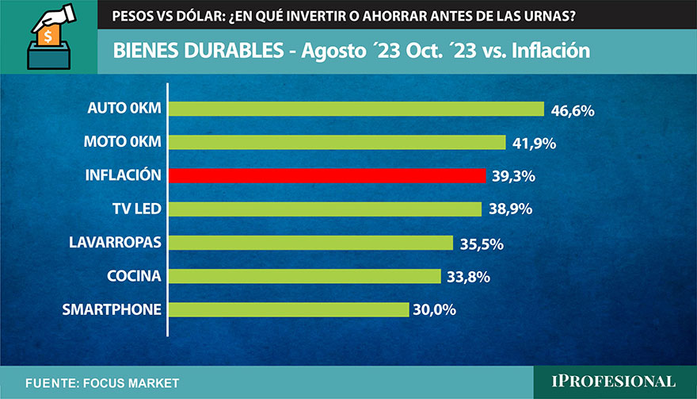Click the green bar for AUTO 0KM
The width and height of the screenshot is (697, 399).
pos(356,109)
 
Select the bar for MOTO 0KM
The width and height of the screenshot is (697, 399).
pos(337,142)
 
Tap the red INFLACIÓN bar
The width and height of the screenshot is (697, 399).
pos(326,175)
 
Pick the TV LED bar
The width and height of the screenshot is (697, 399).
pos(325,209)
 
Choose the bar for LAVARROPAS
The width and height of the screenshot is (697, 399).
pos(310,243)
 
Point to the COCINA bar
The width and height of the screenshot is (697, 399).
pos(304,276)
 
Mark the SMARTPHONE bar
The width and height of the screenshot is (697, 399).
pos(288,309)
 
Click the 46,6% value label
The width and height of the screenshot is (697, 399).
pos(573,110)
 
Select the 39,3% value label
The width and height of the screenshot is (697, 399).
pos(514,177)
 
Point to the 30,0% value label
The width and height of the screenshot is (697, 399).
pos(434,310)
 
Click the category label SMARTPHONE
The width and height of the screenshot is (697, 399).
pos(112,309)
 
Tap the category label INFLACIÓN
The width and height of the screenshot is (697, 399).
pos(123,175)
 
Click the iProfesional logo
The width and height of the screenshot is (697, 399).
pos(614,382)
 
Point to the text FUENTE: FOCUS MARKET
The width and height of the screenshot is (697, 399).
pos(102,383)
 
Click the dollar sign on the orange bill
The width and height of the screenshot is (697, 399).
pos(48,36)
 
